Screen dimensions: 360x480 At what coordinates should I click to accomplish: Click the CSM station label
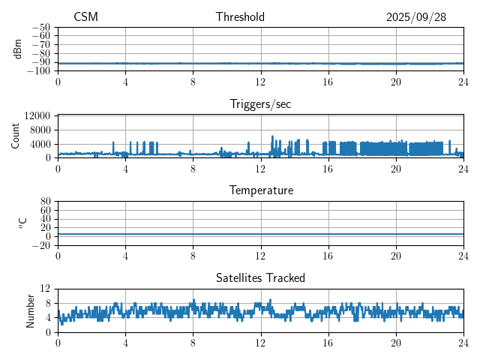coord(85,17)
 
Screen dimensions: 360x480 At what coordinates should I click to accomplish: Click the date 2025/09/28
coord(416,17)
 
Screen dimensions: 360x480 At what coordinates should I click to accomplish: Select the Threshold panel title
coord(240,17)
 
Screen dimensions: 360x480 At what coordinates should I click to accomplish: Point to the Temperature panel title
coord(261,190)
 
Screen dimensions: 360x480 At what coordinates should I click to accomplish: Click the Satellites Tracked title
coord(260,277)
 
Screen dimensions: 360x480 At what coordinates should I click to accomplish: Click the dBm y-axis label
coord(18,49)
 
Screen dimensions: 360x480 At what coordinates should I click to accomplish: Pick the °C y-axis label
coord(22,223)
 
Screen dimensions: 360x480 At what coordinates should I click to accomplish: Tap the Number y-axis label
coord(30,310)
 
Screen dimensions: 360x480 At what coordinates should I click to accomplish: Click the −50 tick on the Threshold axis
coord(40,27)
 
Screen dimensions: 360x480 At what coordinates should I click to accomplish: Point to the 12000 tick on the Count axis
coord(37,115)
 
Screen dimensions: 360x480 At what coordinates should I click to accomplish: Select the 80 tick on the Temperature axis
coord(46,202)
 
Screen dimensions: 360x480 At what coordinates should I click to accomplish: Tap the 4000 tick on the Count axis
coord(40,143)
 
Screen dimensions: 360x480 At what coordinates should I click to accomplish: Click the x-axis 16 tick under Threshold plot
coord(328,81)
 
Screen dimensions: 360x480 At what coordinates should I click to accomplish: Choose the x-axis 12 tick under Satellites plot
coord(261,342)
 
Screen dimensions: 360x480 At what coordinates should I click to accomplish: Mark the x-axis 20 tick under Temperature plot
coord(396,255)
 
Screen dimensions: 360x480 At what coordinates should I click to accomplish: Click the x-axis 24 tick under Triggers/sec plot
coord(463,168)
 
